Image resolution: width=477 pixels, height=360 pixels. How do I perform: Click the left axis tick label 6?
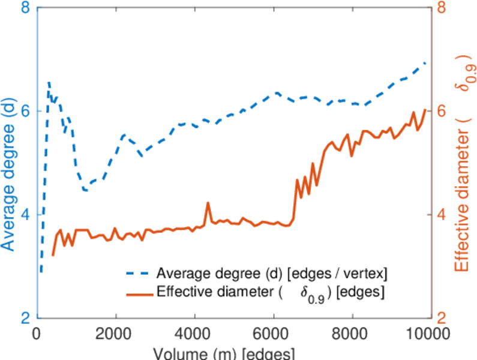click(x=26, y=112)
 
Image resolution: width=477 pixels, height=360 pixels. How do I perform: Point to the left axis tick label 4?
click(x=26, y=215)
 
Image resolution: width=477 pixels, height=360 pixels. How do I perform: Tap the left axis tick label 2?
click(x=26, y=318)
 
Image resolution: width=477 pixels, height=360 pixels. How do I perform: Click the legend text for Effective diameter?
click(x=270, y=293)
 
